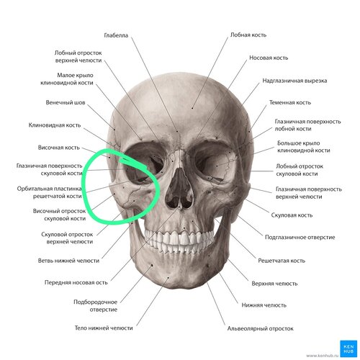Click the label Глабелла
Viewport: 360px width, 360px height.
(116, 35)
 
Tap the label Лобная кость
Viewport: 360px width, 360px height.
(248, 35)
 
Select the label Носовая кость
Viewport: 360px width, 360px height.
(269, 58)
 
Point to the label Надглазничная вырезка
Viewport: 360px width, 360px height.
(294, 81)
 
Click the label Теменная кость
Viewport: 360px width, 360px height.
(290, 102)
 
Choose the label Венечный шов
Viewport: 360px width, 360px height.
(66, 102)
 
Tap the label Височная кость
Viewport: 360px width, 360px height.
(58, 148)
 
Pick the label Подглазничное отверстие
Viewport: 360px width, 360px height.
(300, 238)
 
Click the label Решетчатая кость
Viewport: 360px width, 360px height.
(282, 261)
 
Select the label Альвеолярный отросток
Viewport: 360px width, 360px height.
(261, 328)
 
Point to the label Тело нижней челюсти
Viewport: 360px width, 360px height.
(104, 328)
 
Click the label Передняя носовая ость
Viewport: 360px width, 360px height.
(76, 282)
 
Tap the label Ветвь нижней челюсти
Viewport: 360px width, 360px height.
(68, 261)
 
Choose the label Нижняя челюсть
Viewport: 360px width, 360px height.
(264, 305)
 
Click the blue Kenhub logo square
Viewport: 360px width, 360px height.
(347, 348)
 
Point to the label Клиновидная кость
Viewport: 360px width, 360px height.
(55, 125)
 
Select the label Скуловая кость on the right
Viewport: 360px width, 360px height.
(292, 215)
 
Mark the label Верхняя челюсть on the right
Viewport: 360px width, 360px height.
(274, 284)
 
